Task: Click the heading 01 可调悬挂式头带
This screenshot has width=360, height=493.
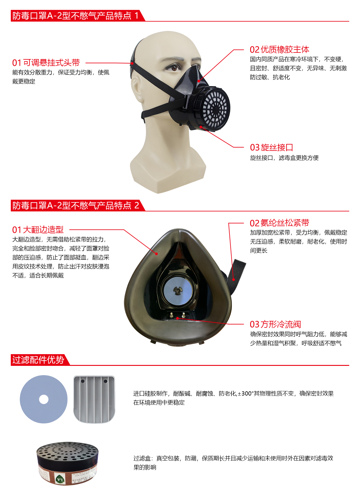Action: [46, 63]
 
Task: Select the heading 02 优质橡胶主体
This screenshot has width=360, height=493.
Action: [279, 49]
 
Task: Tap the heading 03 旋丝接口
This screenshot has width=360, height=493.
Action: [271, 148]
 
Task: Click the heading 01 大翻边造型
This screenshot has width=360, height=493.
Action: [38, 230]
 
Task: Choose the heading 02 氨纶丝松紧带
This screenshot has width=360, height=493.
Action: [279, 223]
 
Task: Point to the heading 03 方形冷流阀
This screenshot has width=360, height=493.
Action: [275, 324]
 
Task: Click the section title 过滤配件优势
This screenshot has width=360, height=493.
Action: [38, 360]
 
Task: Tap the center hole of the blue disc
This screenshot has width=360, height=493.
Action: [44, 399]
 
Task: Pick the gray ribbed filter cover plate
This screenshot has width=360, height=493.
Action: [94, 399]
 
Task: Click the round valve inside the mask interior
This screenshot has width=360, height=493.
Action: [178, 290]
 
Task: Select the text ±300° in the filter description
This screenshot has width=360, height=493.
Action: [245, 393]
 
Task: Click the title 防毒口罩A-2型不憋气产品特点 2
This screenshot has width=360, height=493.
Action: [76, 206]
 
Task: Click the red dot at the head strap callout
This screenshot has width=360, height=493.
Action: [132, 63]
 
